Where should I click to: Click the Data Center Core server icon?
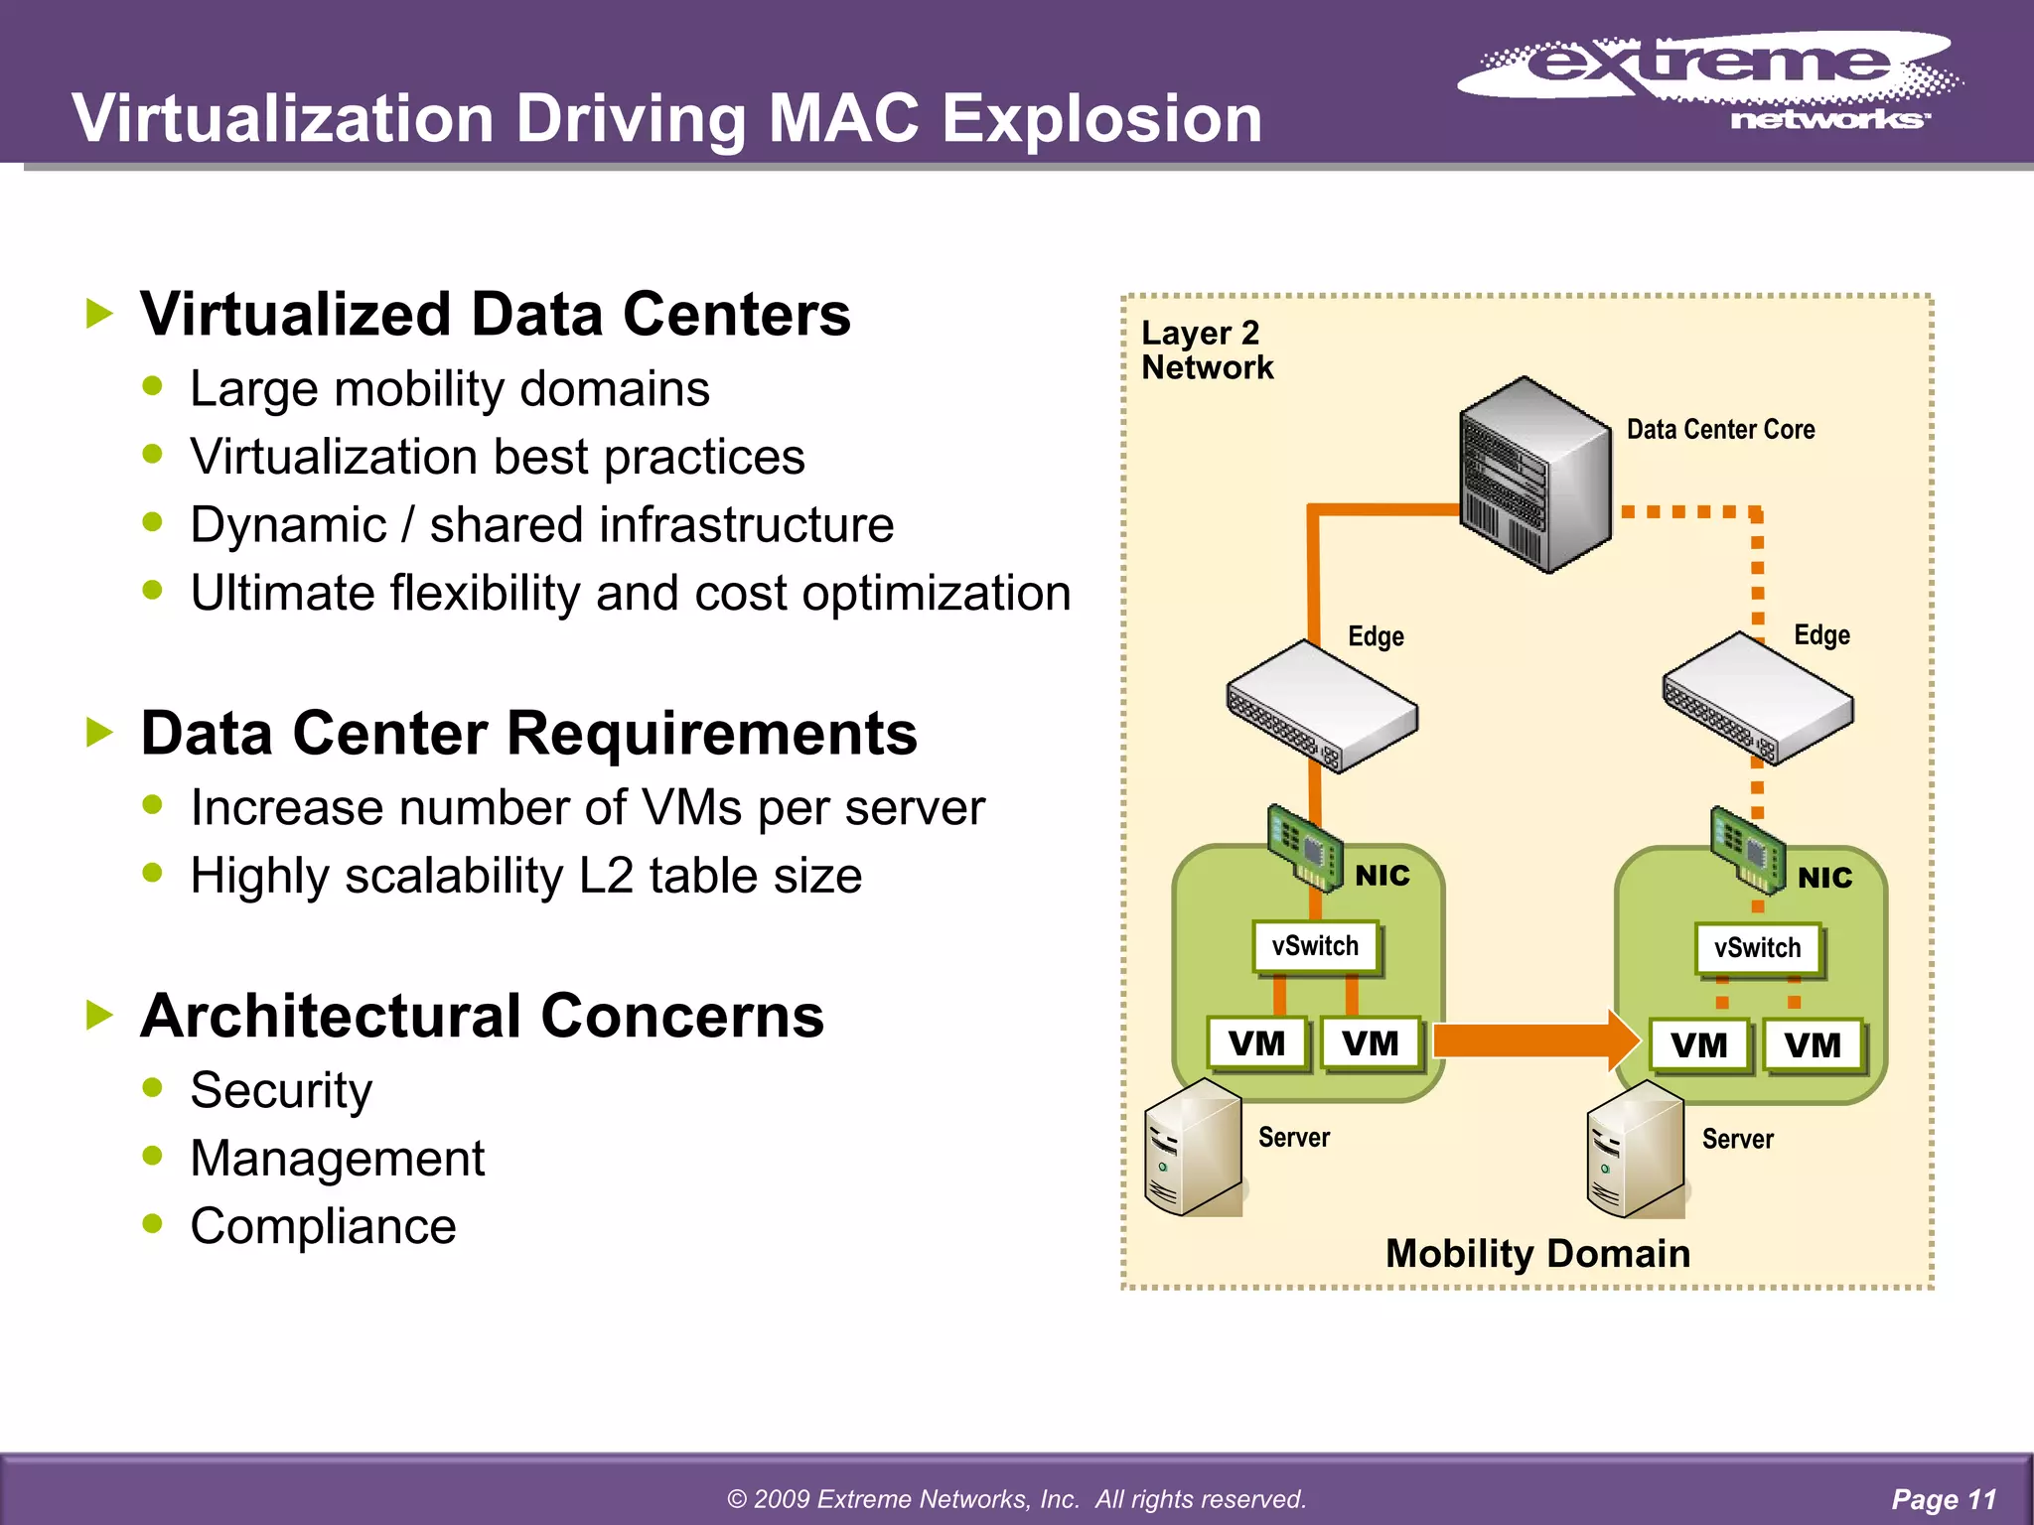(x=1534, y=474)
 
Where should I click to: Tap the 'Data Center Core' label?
(x=1720, y=430)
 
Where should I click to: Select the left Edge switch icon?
(x=1322, y=706)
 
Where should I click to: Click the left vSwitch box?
(x=1315, y=946)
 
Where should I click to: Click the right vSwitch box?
(x=1757, y=948)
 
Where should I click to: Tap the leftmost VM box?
(x=1256, y=1043)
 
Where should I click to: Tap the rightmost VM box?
(x=1813, y=1045)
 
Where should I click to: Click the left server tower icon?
(x=1193, y=1147)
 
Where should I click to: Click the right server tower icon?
(x=1635, y=1149)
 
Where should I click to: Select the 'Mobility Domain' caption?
(x=1537, y=1254)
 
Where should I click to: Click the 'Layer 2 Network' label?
(x=1207, y=349)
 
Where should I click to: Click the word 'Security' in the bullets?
(x=281, y=1090)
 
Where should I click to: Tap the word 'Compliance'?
(x=323, y=1226)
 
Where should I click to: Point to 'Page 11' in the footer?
(x=1944, y=1499)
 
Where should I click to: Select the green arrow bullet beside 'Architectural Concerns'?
(x=100, y=1016)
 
